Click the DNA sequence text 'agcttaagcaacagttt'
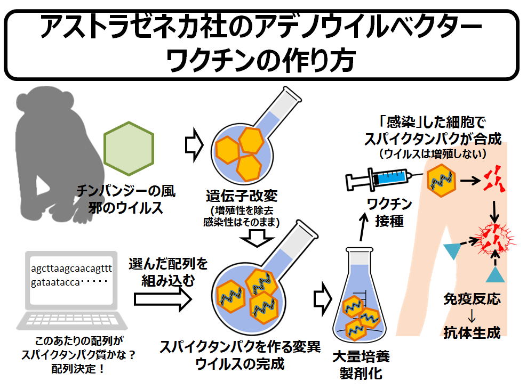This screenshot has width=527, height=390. (x=71, y=268)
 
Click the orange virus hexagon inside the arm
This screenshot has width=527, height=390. (x=442, y=180)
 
